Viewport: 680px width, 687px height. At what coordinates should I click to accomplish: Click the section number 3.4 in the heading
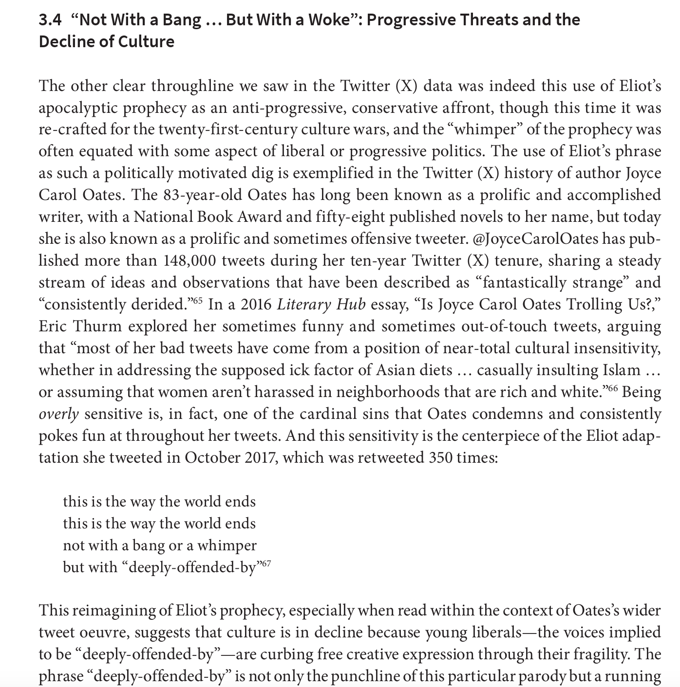pyautogui.click(x=50, y=20)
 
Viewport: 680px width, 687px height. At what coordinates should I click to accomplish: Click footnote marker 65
pyautogui.click(x=197, y=300)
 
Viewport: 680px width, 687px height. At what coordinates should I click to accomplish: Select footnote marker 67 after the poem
pyautogui.click(x=265, y=563)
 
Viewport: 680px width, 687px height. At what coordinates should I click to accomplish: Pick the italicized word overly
pyautogui.click(x=58, y=414)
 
